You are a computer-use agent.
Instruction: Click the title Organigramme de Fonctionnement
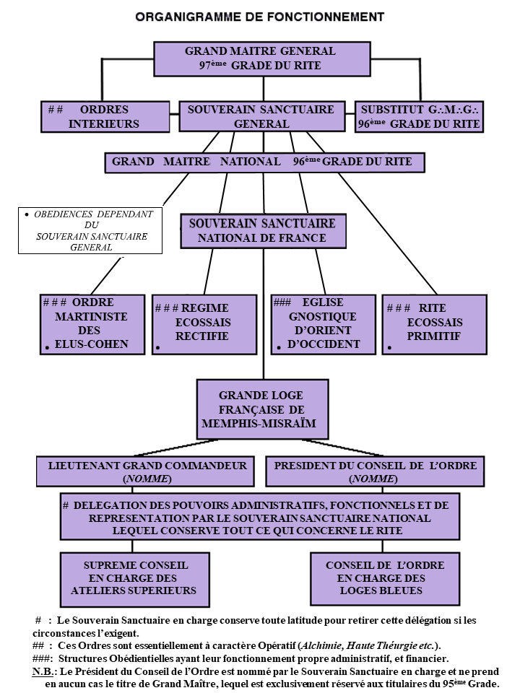point(260,17)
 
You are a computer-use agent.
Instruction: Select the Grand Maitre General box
point(260,58)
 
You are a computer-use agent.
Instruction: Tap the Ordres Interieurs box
point(105,117)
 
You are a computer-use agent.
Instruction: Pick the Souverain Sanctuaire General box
point(261,117)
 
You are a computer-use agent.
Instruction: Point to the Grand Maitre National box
point(264,162)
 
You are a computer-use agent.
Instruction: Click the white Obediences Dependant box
point(90,230)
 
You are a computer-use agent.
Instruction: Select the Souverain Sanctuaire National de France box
point(262,231)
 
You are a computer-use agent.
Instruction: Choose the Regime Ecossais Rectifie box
point(204,324)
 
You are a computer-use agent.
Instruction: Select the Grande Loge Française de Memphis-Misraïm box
point(262,409)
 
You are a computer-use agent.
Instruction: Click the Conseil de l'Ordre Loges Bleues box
point(385,578)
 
